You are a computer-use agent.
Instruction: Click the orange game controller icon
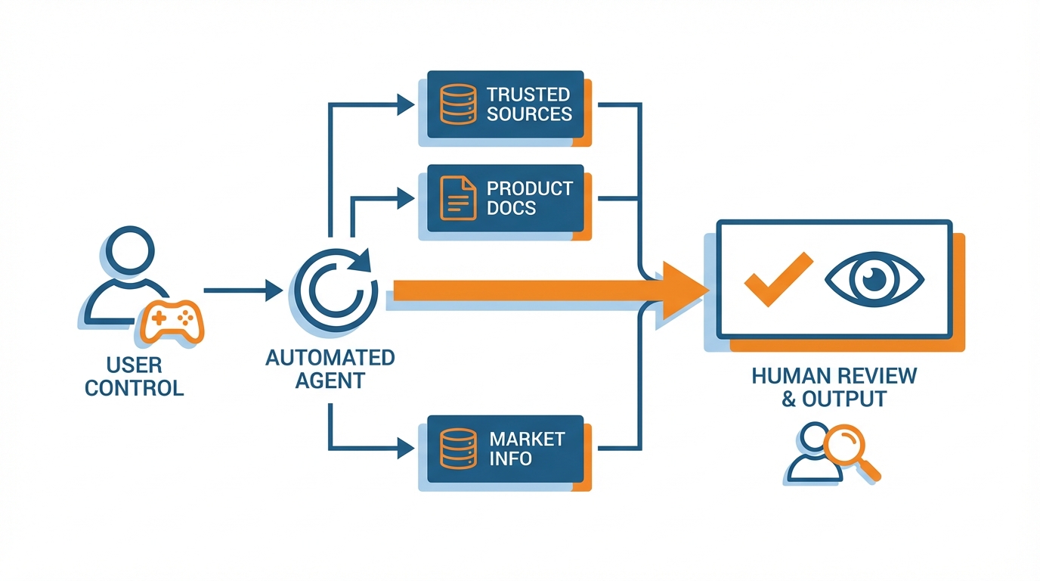173,321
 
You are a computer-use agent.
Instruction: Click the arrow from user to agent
242,290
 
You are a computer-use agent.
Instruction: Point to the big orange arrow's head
684,290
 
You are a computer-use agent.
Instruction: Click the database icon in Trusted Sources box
458,105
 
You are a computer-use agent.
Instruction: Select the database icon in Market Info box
458,449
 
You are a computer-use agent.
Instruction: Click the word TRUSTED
528,95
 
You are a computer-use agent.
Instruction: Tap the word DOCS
512,208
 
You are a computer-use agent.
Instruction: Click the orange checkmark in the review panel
778,279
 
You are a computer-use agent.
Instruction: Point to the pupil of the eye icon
875,279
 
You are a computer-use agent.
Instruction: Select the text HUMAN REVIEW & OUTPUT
834,387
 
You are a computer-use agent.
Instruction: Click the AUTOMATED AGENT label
330,368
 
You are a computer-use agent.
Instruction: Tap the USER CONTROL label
134,377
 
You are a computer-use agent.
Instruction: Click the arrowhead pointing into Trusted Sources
407,105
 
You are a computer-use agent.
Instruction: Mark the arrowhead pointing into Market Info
407,449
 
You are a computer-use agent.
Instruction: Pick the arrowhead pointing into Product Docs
407,198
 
